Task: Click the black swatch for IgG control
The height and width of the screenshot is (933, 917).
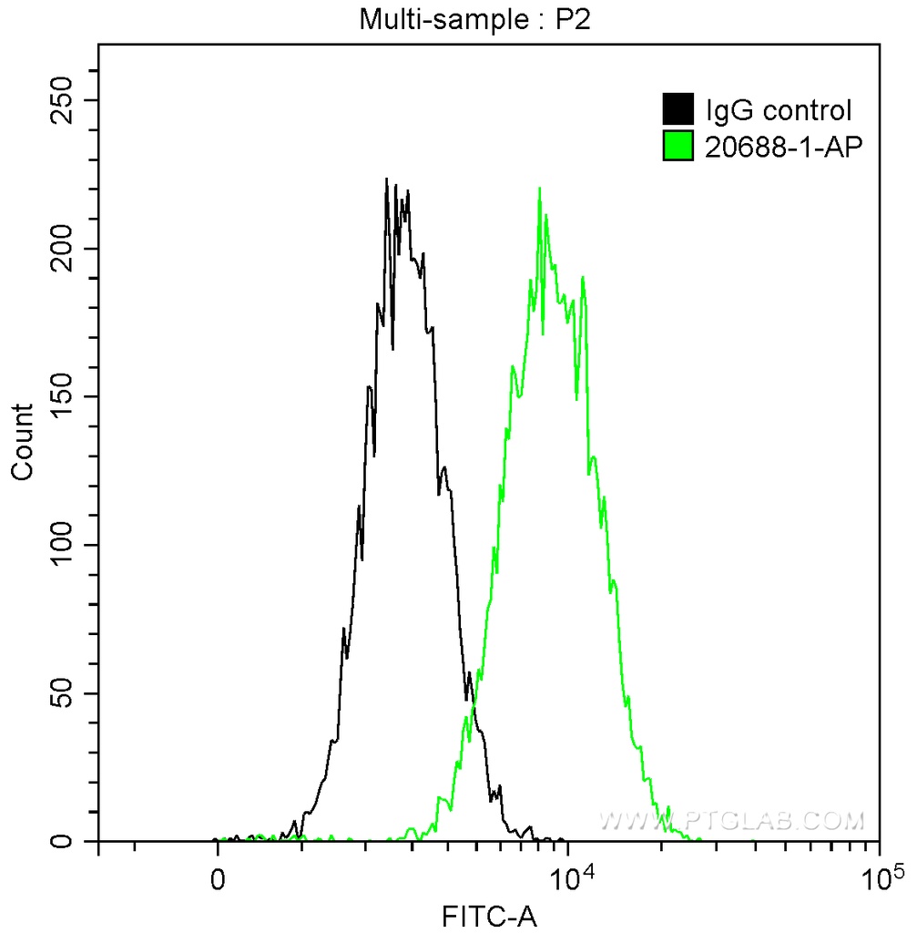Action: coord(678,109)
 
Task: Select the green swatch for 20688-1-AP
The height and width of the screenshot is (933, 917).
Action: coord(678,145)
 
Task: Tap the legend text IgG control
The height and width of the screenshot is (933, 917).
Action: coord(779,111)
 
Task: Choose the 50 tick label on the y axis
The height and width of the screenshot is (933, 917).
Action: coord(68,693)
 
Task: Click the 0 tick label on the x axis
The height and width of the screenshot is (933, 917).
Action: coord(218,881)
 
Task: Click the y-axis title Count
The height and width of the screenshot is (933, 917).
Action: coord(22,442)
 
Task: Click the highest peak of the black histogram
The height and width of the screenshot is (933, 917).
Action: coord(386,179)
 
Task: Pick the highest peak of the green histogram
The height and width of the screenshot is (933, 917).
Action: coord(540,189)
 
